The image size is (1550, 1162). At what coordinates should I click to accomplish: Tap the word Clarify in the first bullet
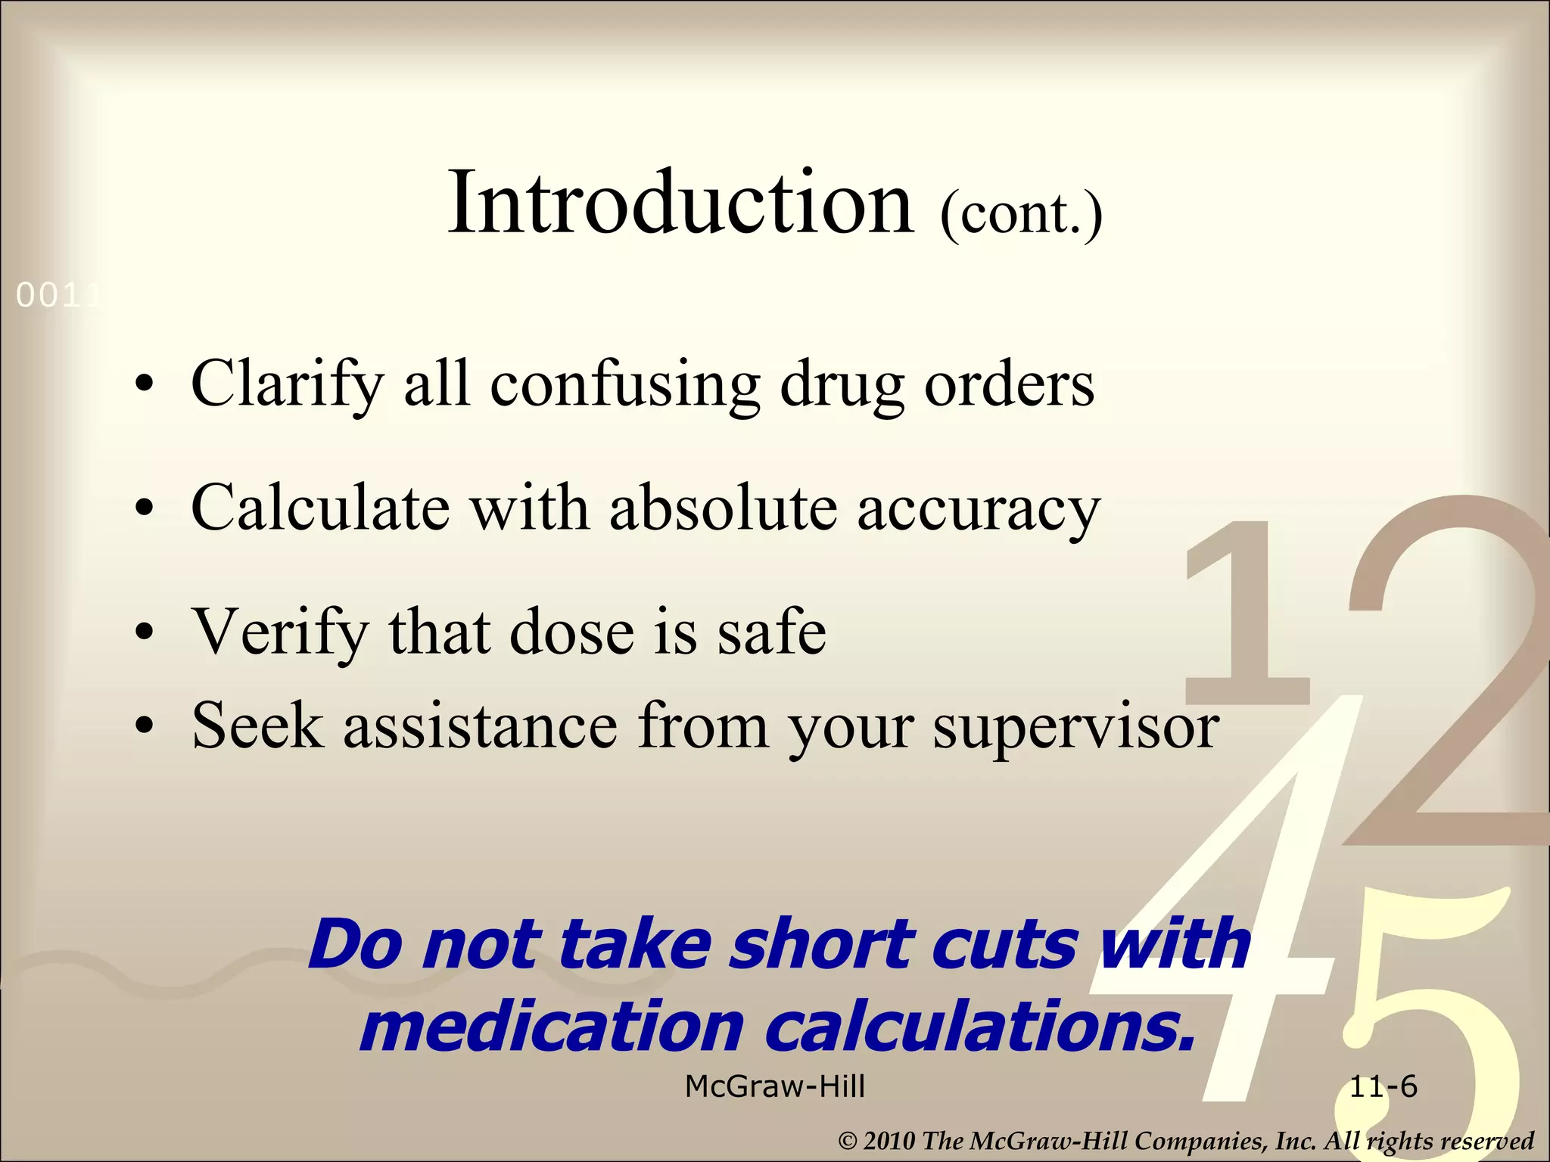point(288,384)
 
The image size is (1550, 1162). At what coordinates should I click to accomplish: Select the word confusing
point(624,384)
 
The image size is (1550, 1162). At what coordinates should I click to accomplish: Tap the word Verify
point(280,632)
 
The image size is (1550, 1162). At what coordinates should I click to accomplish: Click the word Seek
point(257,726)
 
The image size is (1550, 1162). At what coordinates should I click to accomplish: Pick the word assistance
point(481,726)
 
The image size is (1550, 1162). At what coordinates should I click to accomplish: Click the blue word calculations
point(981,1027)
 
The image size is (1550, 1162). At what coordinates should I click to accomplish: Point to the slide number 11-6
point(1383,1087)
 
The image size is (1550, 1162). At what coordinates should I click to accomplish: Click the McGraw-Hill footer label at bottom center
point(775,1087)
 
